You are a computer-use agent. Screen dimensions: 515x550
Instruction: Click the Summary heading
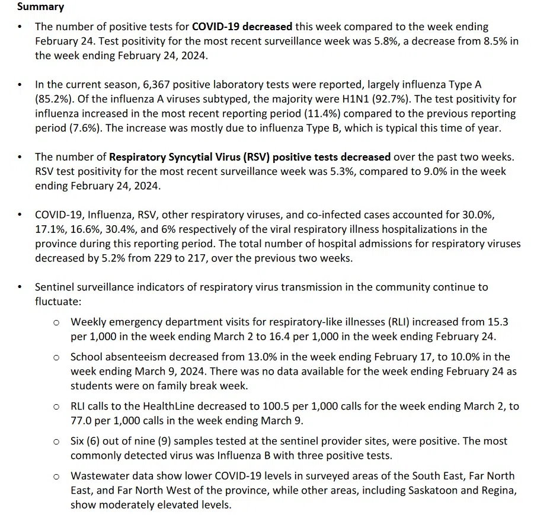41,7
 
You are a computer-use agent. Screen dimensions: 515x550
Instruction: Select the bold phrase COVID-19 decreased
242,27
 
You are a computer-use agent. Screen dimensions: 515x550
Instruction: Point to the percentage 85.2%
52,100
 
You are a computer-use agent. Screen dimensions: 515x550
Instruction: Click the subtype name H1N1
347,100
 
